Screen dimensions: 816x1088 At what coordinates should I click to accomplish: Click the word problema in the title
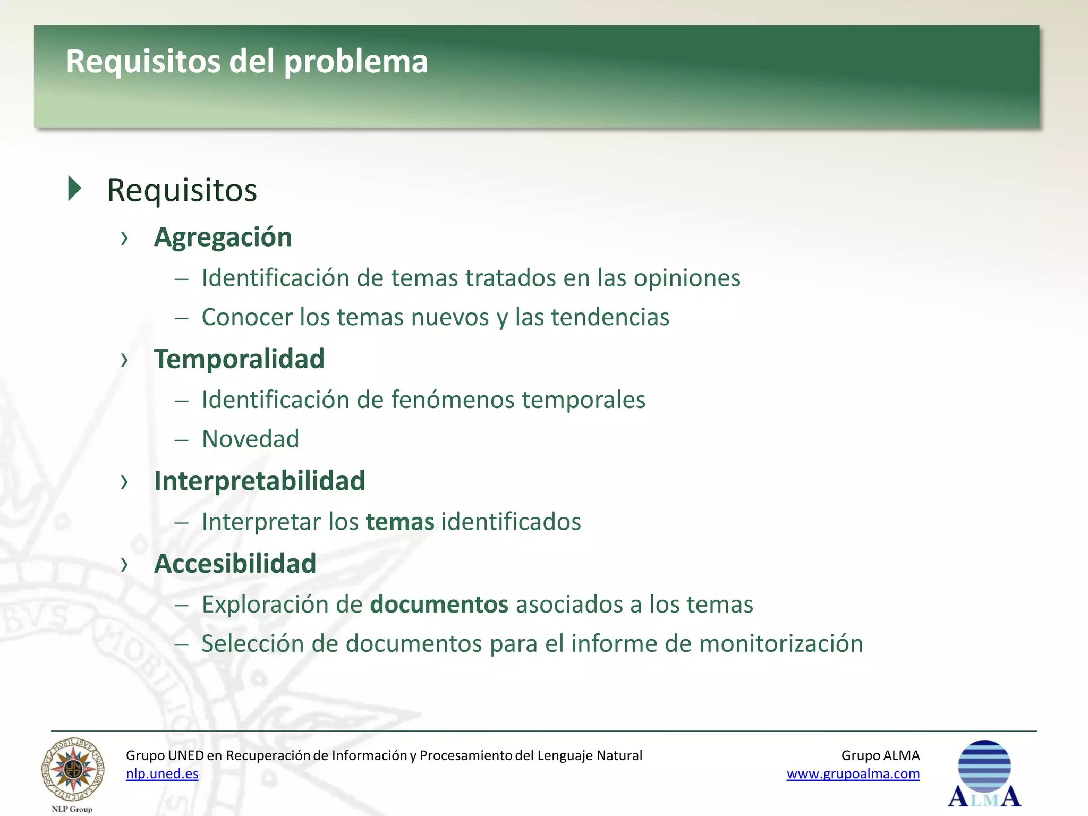[x=355, y=62]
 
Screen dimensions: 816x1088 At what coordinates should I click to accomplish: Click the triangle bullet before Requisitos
[x=75, y=189]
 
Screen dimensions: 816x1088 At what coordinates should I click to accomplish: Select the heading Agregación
[x=223, y=237]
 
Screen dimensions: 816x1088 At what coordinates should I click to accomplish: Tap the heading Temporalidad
[x=239, y=359]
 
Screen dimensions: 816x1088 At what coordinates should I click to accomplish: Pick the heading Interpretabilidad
[x=259, y=481]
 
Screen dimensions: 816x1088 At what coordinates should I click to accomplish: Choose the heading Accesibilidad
[x=235, y=563]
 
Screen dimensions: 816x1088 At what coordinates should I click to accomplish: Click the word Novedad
[x=250, y=439]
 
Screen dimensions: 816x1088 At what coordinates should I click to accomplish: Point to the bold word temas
[x=400, y=522]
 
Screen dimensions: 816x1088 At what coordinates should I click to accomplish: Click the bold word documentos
[x=439, y=605]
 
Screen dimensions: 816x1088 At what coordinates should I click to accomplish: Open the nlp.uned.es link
[x=162, y=773]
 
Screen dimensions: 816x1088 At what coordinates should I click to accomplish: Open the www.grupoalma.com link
[x=853, y=773]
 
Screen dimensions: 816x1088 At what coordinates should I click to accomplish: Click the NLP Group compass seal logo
[x=73, y=770]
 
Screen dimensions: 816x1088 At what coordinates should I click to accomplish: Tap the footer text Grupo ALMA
[x=880, y=755]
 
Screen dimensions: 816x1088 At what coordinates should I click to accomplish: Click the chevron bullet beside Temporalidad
[x=124, y=360]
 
